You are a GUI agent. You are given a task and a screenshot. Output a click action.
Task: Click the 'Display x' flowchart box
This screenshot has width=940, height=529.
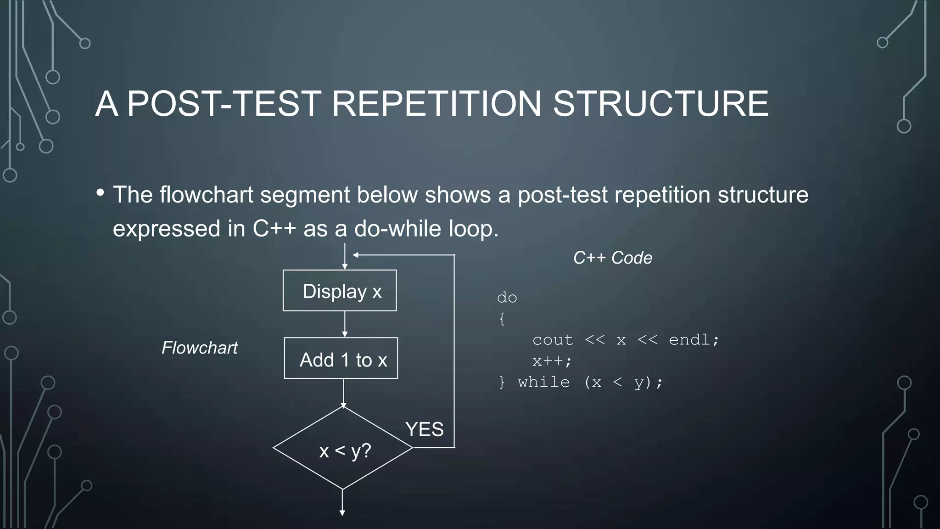tap(340, 291)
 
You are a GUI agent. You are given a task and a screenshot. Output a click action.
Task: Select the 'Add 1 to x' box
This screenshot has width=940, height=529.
tap(341, 358)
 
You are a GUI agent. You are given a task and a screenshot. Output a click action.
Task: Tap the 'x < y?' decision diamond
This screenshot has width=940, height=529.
tap(343, 448)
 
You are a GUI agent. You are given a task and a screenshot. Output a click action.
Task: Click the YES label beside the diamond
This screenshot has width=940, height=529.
tap(425, 429)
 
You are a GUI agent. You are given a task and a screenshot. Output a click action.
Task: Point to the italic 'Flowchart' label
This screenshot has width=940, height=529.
tap(200, 348)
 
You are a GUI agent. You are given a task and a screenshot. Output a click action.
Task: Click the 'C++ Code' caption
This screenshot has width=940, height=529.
tap(613, 258)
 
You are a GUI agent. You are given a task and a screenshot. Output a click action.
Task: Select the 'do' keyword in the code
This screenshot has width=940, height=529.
tap(507, 298)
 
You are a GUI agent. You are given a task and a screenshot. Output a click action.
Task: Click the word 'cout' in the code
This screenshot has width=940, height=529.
tap(553, 340)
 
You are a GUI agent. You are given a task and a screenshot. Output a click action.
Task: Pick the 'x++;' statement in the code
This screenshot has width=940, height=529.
tap(552, 361)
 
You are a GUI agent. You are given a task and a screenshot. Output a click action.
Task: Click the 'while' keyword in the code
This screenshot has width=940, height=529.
tap(544, 382)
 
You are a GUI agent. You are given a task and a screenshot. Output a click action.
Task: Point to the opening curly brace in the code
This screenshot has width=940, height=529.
tap(502, 319)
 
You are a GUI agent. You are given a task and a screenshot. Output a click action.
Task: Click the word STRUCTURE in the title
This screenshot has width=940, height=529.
tap(660, 104)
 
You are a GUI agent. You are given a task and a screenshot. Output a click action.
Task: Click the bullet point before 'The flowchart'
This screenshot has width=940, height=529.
tap(100, 192)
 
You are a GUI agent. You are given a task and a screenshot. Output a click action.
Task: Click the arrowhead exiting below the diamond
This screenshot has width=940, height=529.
tap(342, 513)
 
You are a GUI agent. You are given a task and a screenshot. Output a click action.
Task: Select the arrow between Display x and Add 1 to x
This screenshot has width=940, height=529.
tap(345, 324)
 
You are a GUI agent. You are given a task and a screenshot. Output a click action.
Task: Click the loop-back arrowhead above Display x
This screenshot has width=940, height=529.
tap(355, 255)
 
